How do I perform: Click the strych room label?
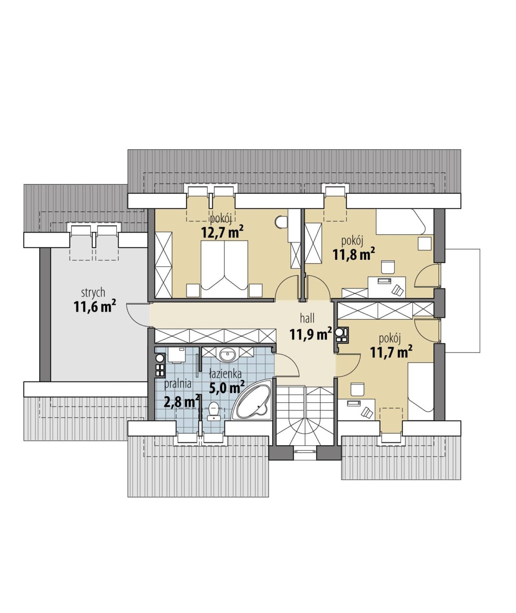[93, 293]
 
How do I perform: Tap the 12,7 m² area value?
[222, 233]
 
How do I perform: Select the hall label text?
[307, 318]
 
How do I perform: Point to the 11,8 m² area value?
[354, 254]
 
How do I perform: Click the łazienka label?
[225, 374]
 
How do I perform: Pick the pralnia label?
[178, 384]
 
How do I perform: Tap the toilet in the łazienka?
[213, 411]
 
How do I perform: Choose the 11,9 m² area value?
[311, 333]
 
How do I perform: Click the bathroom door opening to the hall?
[286, 365]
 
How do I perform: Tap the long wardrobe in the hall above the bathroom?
[215, 336]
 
